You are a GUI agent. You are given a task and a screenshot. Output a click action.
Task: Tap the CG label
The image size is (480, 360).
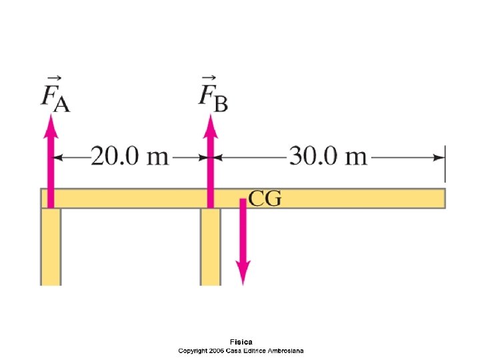click(x=265, y=198)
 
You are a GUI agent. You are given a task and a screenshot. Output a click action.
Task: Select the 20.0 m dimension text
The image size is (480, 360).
click(x=130, y=157)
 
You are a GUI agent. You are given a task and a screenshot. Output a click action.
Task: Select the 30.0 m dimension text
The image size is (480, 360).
click(x=327, y=157)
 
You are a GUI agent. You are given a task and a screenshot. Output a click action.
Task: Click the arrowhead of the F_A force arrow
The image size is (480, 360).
click(x=51, y=123)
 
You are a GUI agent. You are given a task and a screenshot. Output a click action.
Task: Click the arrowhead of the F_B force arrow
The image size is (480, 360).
click(x=211, y=123)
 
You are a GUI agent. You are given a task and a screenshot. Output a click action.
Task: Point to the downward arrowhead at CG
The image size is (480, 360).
click(x=243, y=273)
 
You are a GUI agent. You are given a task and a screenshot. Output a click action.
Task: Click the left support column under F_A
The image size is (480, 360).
click(x=51, y=247)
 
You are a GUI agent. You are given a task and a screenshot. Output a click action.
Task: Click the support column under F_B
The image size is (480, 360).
click(x=211, y=247)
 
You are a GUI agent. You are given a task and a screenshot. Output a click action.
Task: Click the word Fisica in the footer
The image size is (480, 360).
click(x=241, y=342)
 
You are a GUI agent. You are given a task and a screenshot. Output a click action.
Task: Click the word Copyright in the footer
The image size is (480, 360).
click(x=192, y=350)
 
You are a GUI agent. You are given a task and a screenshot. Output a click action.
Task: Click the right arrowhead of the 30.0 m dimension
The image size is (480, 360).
click(x=439, y=158)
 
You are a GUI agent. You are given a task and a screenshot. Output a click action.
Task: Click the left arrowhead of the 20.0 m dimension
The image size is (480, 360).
click(x=59, y=158)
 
